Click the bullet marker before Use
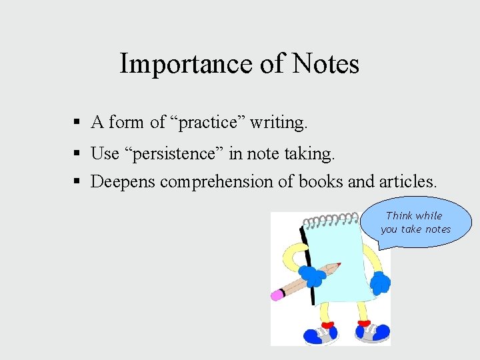point(78,153)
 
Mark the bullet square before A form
point(78,123)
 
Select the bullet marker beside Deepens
point(78,181)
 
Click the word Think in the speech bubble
point(399,215)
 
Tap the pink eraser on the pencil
point(277,295)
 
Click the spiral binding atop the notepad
point(330,220)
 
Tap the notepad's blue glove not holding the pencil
point(380,283)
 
